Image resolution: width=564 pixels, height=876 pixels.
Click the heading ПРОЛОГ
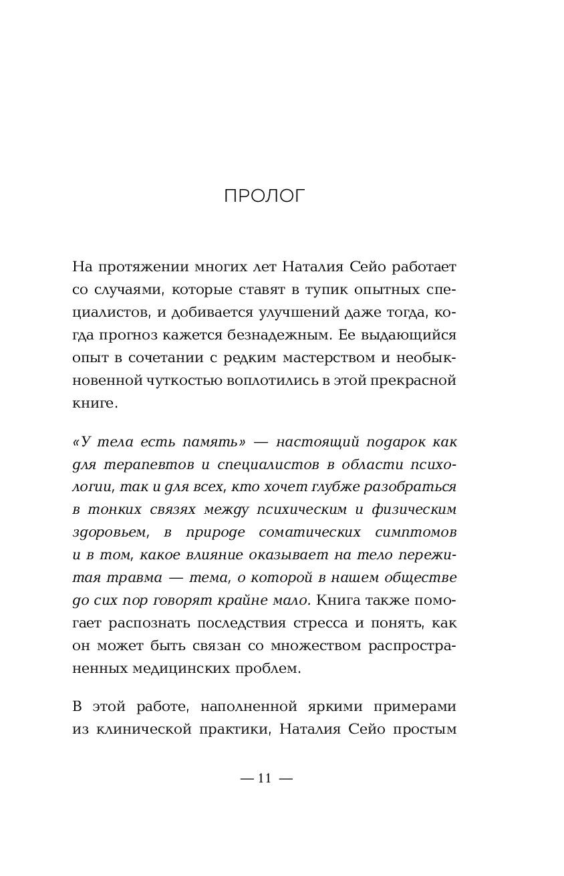(265, 196)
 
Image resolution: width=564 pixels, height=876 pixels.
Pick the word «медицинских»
(177, 668)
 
